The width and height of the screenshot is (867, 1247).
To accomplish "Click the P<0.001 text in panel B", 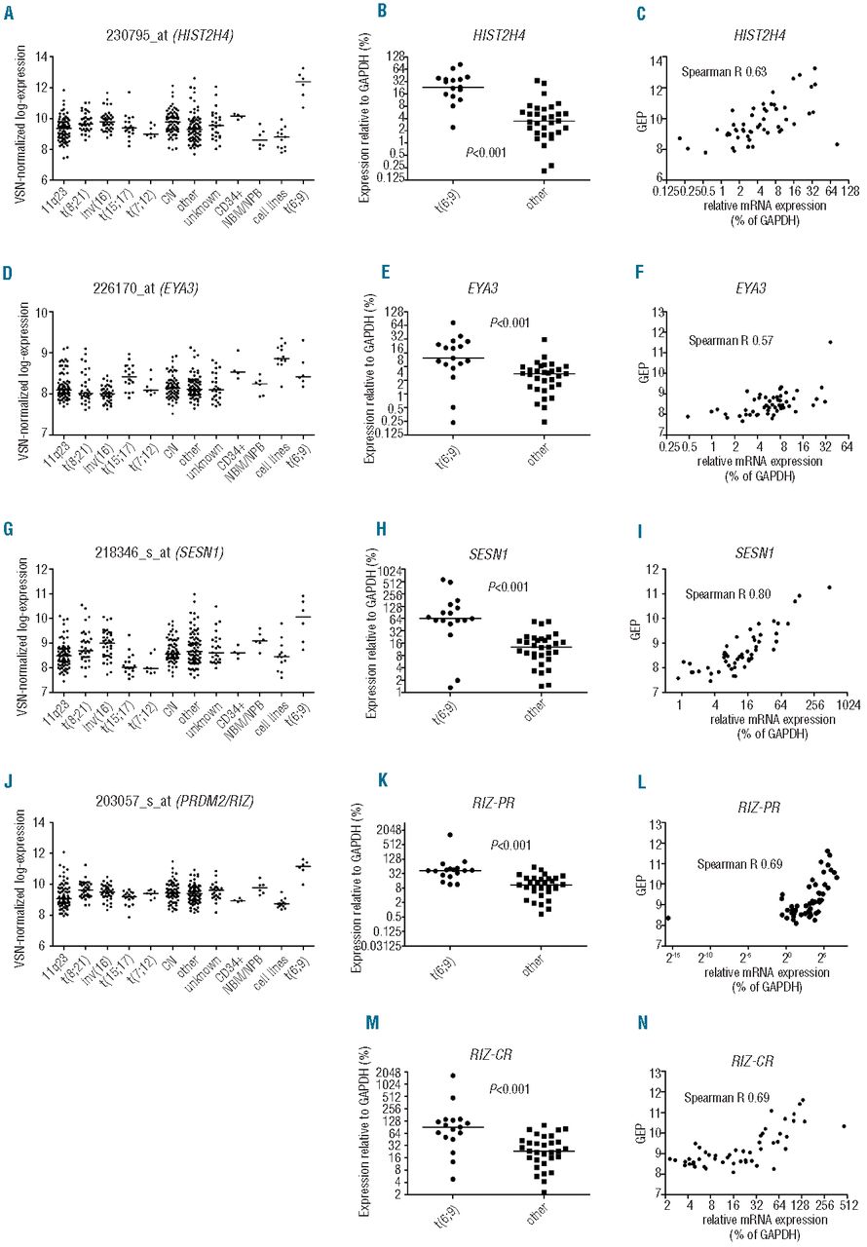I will (485, 153).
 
